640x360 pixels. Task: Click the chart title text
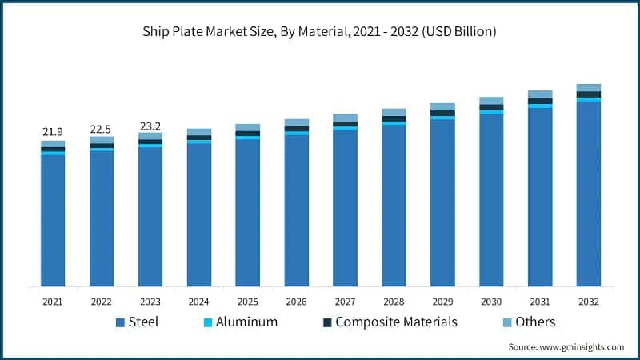pyautogui.click(x=320, y=32)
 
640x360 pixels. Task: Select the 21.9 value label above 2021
pyautogui.click(x=53, y=131)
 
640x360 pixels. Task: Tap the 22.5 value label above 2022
pyautogui.click(x=102, y=126)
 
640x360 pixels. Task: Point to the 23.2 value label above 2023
pyautogui.click(x=150, y=123)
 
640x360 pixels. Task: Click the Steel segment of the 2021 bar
pyautogui.click(x=53, y=220)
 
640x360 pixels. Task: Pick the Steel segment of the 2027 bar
pyautogui.click(x=345, y=208)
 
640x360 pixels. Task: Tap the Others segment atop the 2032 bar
pyautogui.click(x=589, y=87)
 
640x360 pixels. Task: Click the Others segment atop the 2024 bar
pyautogui.click(x=199, y=131)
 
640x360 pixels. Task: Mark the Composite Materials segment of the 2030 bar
pyautogui.click(x=491, y=107)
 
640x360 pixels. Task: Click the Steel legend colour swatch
pyautogui.click(x=121, y=322)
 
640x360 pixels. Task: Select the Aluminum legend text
pyautogui.click(x=242, y=322)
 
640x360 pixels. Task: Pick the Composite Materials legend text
pyautogui.click(x=396, y=322)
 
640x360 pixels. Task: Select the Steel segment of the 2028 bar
pyautogui.click(x=394, y=206)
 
